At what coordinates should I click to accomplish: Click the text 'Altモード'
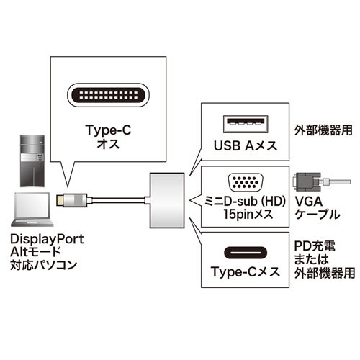(x=36, y=251)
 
